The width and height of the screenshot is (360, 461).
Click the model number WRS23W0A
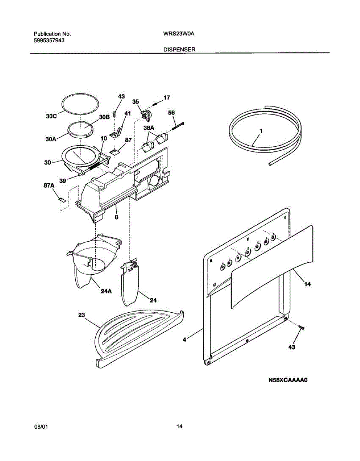[179, 34]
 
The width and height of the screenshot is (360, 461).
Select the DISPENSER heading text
[179, 50]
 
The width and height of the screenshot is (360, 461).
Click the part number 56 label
[171, 113]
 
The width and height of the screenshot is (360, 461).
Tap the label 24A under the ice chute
[106, 291]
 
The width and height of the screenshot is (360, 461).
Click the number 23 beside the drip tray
[81, 315]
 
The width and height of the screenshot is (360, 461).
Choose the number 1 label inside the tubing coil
[261, 131]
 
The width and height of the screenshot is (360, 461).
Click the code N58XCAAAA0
[289, 381]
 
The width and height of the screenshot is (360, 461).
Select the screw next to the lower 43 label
[301, 327]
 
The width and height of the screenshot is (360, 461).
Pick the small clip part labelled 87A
[60, 199]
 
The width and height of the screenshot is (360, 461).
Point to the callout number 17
[166, 98]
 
